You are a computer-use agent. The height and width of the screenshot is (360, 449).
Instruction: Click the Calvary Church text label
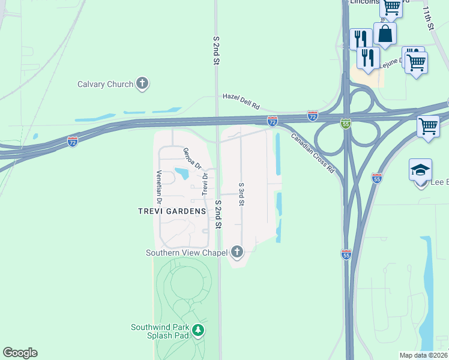[105, 84]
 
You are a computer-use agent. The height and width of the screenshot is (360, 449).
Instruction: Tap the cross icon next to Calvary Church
[142, 83]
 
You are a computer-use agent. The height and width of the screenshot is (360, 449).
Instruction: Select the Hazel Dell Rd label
[240, 100]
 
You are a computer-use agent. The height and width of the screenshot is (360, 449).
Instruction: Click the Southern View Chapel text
[187, 253]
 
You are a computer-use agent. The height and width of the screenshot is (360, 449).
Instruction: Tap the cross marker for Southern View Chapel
[237, 251]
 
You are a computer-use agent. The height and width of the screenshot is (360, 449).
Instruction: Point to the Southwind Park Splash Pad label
[160, 331]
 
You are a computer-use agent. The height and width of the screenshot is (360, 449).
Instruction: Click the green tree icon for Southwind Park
[198, 330]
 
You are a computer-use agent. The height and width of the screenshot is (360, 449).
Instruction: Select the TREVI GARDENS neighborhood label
[172, 211]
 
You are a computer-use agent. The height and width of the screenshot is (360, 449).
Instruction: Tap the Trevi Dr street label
[205, 184]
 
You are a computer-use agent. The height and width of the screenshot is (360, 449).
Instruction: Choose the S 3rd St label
[241, 194]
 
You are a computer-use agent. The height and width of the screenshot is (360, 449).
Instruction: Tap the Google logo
[20, 353]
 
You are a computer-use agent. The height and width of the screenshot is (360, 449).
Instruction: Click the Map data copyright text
[424, 355]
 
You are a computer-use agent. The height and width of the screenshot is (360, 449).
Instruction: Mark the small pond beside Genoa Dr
[181, 175]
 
